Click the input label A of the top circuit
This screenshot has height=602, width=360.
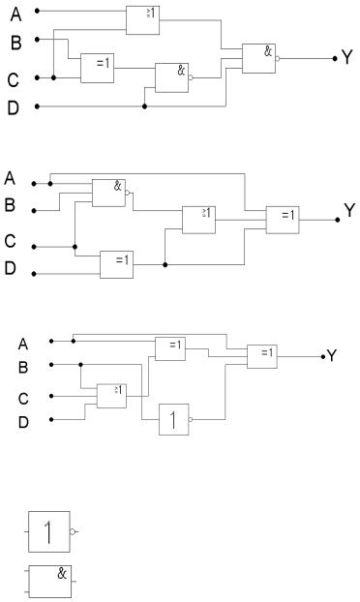[x=15, y=15]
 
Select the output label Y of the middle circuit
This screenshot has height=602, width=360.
[x=349, y=210]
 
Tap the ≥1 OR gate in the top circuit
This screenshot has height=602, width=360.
[x=143, y=20]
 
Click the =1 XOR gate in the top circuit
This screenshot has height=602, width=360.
[x=97, y=68]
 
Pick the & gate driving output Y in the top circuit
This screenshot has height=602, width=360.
[x=258, y=58]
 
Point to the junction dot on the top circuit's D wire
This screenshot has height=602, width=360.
[x=144, y=106]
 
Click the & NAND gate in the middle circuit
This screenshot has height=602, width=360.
[x=108, y=194]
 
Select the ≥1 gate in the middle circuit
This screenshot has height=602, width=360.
[x=198, y=220]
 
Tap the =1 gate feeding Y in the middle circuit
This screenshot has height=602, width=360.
[x=283, y=220]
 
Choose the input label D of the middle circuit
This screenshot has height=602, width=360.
[x=10, y=268]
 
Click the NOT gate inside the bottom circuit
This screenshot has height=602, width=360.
[x=174, y=419]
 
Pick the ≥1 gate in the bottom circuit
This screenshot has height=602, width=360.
[x=111, y=396]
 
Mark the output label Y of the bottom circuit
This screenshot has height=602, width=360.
[x=331, y=356]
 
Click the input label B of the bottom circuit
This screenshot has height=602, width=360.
[x=23, y=368]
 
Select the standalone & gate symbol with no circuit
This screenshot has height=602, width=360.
[x=50, y=582]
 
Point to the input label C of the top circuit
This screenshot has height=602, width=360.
[x=13, y=80]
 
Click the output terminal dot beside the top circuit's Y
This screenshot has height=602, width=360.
[x=335, y=58]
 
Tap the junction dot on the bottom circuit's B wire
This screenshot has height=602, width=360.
[x=80, y=364]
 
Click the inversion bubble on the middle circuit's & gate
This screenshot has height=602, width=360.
[x=128, y=194]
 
